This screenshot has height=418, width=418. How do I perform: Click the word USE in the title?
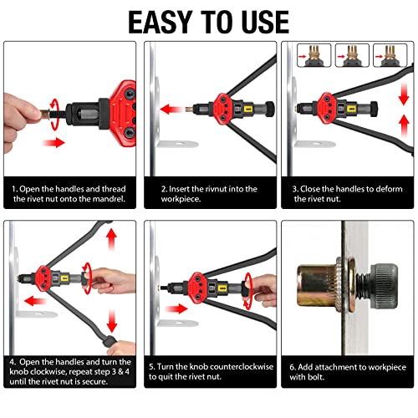pyautogui.click(x=265, y=23)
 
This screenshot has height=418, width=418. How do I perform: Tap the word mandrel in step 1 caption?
pyautogui.click(x=109, y=199)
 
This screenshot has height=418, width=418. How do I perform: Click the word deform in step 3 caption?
pyautogui.click(x=389, y=189)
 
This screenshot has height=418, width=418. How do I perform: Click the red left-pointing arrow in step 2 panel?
pyautogui.click(x=171, y=110)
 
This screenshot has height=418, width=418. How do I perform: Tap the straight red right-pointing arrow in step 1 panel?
pyautogui.click(x=54, y=142)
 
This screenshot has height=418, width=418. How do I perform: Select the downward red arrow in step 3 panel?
pyautogui.click(x=404, y=94)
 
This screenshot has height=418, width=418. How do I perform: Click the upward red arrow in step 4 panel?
pyautogui.click(x=111, y=240)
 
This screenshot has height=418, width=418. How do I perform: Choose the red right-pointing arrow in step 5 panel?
pyautogui.click(x=176, y=308)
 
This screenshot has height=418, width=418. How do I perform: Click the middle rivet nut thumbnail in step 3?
pyautogui.click(x=352, y=55)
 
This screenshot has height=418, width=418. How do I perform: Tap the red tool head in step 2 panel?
pyautogui.click(x=222, y=109)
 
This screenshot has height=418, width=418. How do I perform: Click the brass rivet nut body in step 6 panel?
pyautogui.click(x=317, y=286)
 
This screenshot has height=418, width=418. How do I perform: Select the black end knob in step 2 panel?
pyautogui.click(x=269, y=109)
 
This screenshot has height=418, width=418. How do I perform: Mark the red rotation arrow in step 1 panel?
pyautogui.click(x=54, y=115)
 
